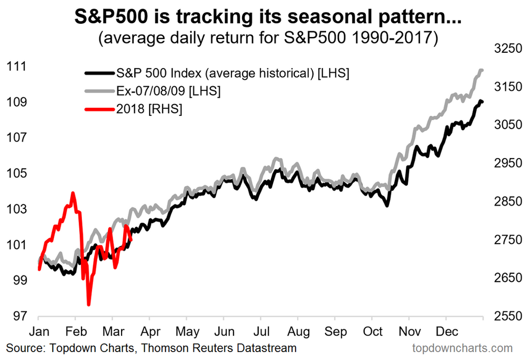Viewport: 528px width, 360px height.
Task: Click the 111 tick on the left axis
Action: [x=16, y=66]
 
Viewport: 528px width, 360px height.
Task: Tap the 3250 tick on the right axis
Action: [x=502, y=49]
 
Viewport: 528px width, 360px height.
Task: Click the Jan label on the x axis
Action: [x=39, y=333]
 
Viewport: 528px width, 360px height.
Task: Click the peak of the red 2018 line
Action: [x=73, y=193]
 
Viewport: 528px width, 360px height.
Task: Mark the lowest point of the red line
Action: [x=88, y=304]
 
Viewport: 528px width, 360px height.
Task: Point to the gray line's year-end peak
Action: [x=481, y=70]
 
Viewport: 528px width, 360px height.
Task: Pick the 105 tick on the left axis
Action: [x=16, y=173]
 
